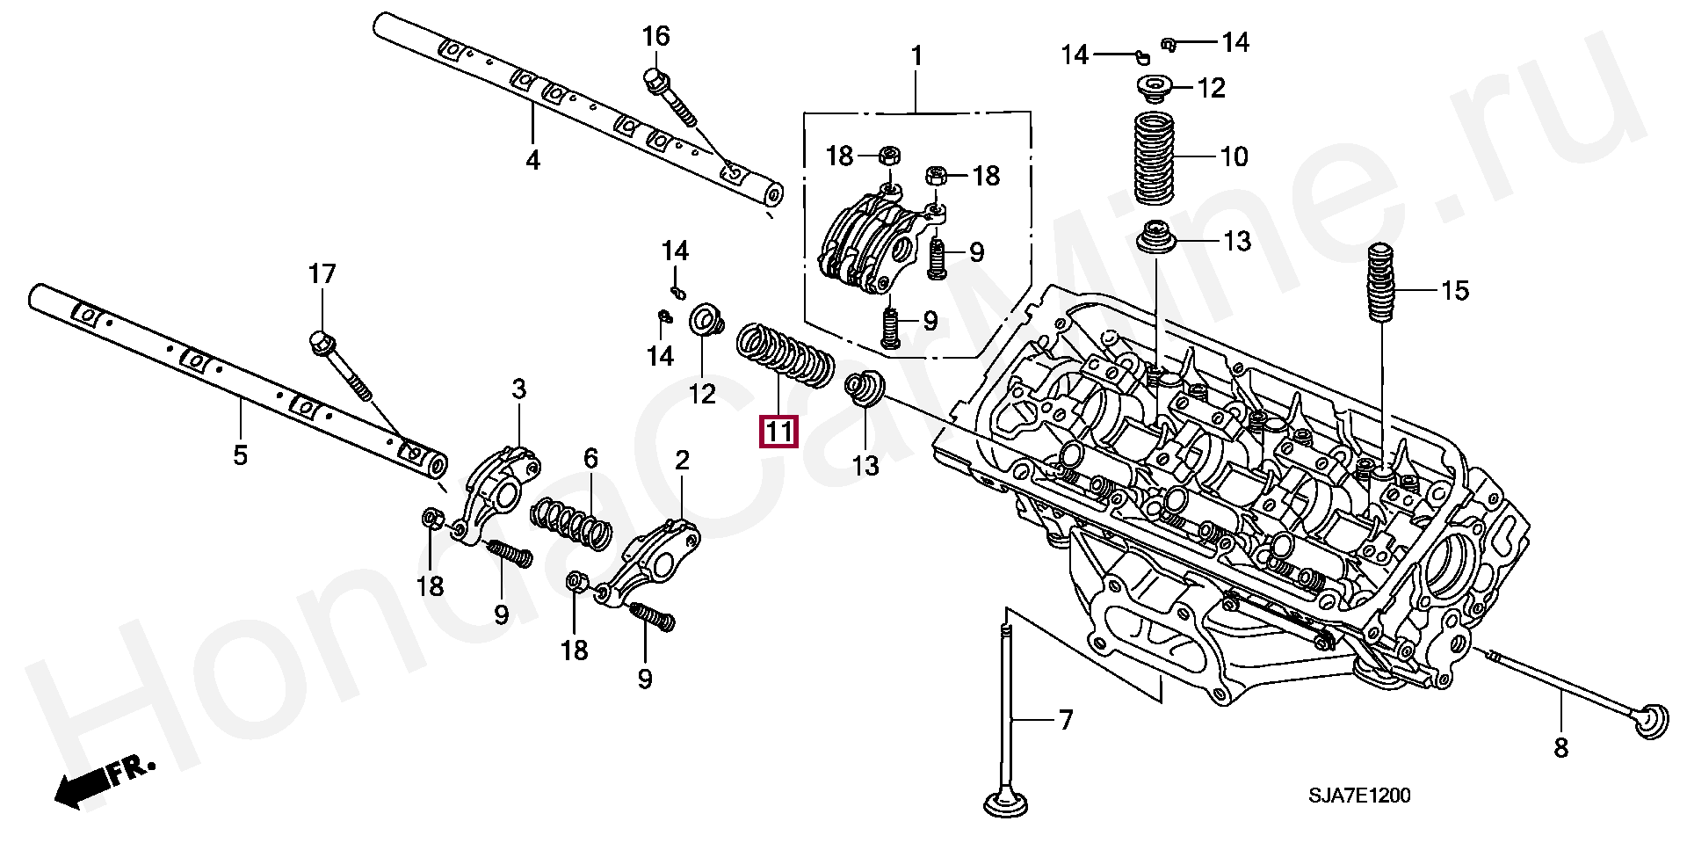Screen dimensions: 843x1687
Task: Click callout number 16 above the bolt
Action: tap(655, 37)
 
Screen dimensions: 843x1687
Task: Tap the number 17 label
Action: tap(322, 274)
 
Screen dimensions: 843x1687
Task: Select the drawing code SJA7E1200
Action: tap(1361, 796)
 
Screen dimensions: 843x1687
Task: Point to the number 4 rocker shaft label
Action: tap(532, 161)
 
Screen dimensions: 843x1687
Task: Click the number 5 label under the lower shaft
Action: tap(240, 455)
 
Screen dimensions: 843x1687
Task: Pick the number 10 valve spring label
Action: tap(1234, 157)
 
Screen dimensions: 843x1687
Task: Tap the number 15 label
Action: tap(1455, 290)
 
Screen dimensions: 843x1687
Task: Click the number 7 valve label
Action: tap(1065, 721)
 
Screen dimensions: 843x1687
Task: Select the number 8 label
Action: tap(1560, 748)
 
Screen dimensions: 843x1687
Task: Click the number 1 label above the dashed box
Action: tap(916, 56)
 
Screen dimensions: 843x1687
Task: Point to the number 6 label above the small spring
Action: tap(590, 458)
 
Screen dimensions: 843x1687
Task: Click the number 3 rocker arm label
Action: tap(518, 389)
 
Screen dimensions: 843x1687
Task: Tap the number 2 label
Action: tap(682, 460)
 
